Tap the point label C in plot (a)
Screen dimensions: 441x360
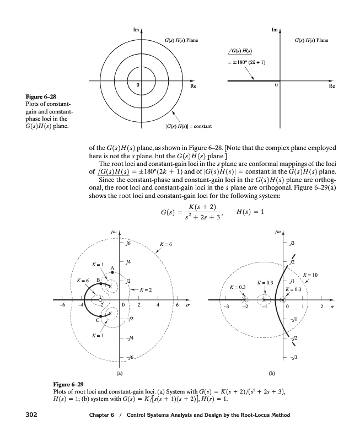tap(98, 320)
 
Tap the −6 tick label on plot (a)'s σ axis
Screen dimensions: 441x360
tap(63, 305)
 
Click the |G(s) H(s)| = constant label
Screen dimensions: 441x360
tap(189, 127)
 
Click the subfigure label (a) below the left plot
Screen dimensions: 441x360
tap(120, 373)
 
